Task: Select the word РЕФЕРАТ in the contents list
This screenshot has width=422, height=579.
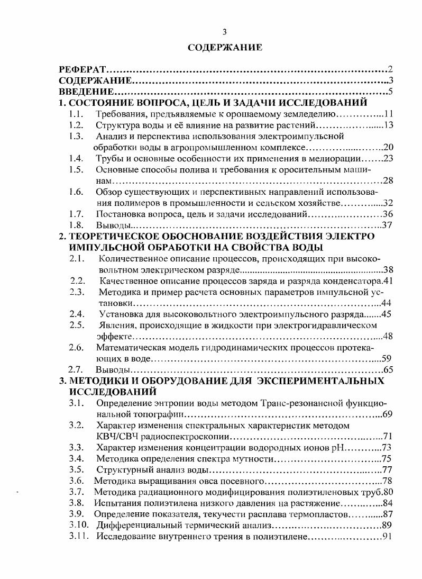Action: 83,70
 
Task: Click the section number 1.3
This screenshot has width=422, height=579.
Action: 76,136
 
